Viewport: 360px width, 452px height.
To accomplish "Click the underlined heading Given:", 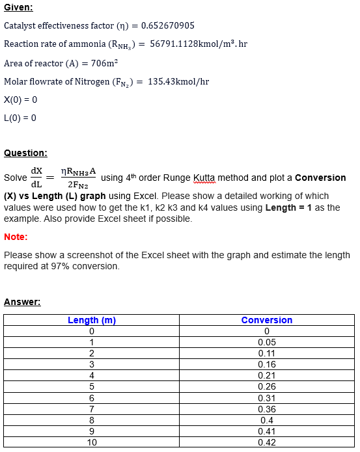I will [x=18, y=7].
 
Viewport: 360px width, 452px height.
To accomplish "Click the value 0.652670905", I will [x=167, y=25].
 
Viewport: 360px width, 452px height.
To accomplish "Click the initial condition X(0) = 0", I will [x=21, y=100].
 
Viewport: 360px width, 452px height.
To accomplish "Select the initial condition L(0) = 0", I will [x=20, y=118].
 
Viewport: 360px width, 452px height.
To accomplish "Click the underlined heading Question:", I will [x=25, y=153].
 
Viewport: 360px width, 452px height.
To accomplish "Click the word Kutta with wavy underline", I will [x=205, y=178].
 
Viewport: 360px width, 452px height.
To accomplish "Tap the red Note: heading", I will [x=16, y=237].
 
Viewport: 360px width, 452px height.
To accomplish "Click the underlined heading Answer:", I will [x=22, y=302].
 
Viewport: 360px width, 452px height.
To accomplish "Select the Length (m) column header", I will [x=92, y=320].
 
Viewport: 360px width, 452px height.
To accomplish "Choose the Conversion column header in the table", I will [x=267, y=320].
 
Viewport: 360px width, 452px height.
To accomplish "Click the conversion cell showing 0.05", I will [x=267, y=342].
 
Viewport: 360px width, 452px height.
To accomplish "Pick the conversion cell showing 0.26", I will [x=267, y=386].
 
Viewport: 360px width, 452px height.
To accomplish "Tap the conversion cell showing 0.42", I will [x=267, y=442].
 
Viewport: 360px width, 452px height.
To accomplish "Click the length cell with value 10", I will [x=92, y=442].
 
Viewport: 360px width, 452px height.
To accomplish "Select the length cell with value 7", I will [x=92, y=409].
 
